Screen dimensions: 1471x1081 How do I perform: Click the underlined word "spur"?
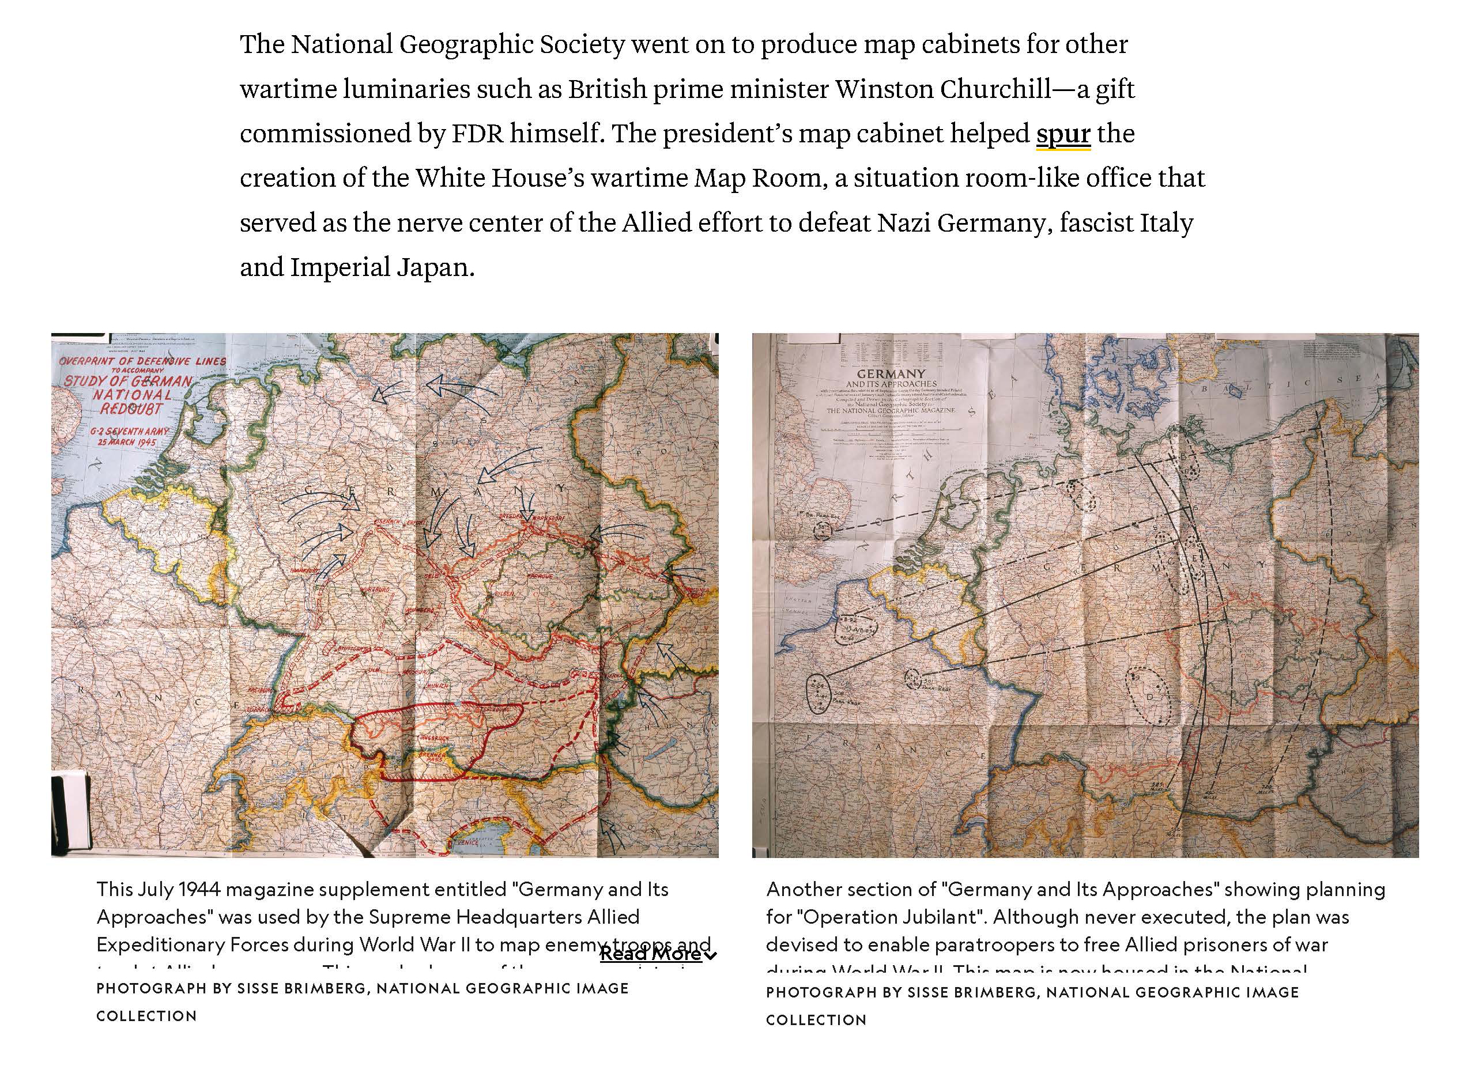coord(1062,134)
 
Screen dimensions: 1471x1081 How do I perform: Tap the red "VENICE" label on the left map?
coord(467,843)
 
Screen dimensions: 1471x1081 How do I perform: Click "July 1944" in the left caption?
coord(178,889)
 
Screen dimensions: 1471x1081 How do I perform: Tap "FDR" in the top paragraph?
coord(477,134)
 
